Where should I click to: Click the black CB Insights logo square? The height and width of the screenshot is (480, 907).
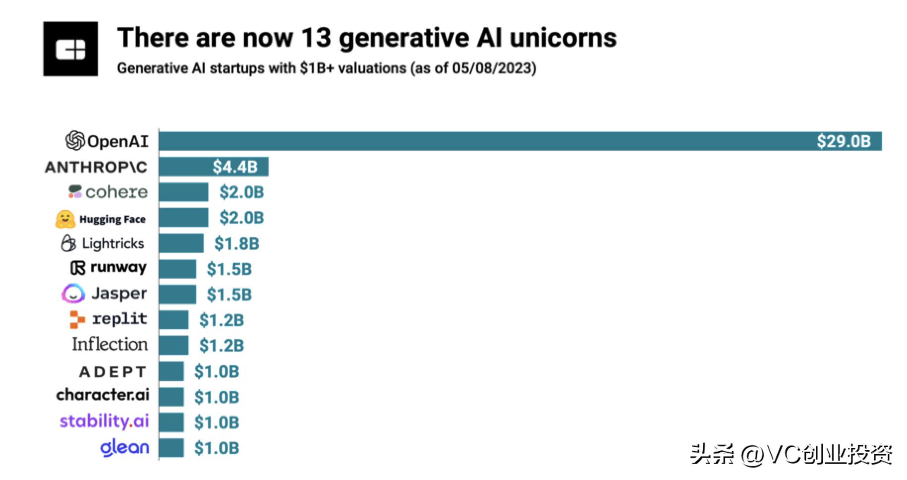tap(70, 49)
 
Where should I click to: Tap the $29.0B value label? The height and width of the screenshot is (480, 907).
tap(843, 141)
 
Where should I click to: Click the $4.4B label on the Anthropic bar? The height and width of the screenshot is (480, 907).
tap(235, 167)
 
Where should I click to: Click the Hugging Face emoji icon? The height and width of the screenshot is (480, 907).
tap(65, 219)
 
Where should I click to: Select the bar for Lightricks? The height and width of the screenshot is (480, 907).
tap(181, 243)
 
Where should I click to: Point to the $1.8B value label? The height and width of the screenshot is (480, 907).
tap(236, 243)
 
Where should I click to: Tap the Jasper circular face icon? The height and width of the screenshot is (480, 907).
tap(73, 294)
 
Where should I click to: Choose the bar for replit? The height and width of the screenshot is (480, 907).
tap(174, 320)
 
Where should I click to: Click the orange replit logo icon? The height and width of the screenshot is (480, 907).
tap(77, 319)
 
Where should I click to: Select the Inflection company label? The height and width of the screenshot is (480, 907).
tap(110, 344)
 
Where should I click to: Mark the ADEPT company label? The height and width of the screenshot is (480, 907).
tap(113, 371)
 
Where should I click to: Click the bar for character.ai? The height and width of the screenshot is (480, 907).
tap(171, 397)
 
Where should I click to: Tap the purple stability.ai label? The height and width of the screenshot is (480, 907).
tap(104, 421)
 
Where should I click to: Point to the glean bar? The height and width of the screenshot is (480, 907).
tap(171, 448)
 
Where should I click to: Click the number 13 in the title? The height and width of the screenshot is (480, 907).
tap(316, 38)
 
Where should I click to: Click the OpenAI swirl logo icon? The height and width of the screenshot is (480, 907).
tap(75, 140)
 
